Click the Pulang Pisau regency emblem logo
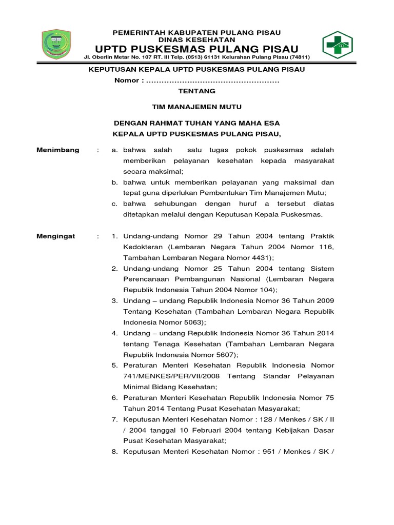coord(56,45)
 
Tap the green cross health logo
coord(337,45)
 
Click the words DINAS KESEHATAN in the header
coord(196,39)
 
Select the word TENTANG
coord(196,91)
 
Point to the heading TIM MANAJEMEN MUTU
coord(196,107)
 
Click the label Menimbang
coord(58,150)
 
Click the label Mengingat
coord(56,236)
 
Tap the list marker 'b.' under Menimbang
coord(115,182)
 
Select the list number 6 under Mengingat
coord(115,397)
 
